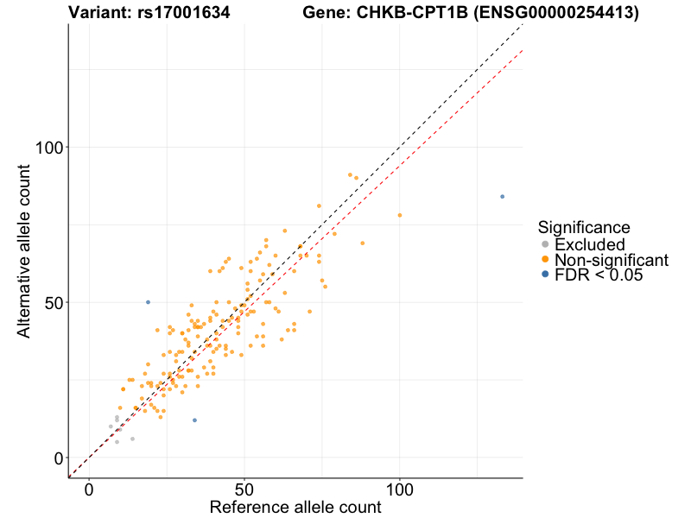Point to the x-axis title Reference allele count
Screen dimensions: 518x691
click(x=295, y=507)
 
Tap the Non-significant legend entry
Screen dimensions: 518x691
click(x=611, y=260)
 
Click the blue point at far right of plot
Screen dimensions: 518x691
click(x=502, y=197)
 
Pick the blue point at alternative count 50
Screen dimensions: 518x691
click(x=148, y=302)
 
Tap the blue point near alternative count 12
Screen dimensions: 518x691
click(x=194, y=420)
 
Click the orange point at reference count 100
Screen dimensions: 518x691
click(x=399, y=215)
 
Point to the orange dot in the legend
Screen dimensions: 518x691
click(x=544, y=260)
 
